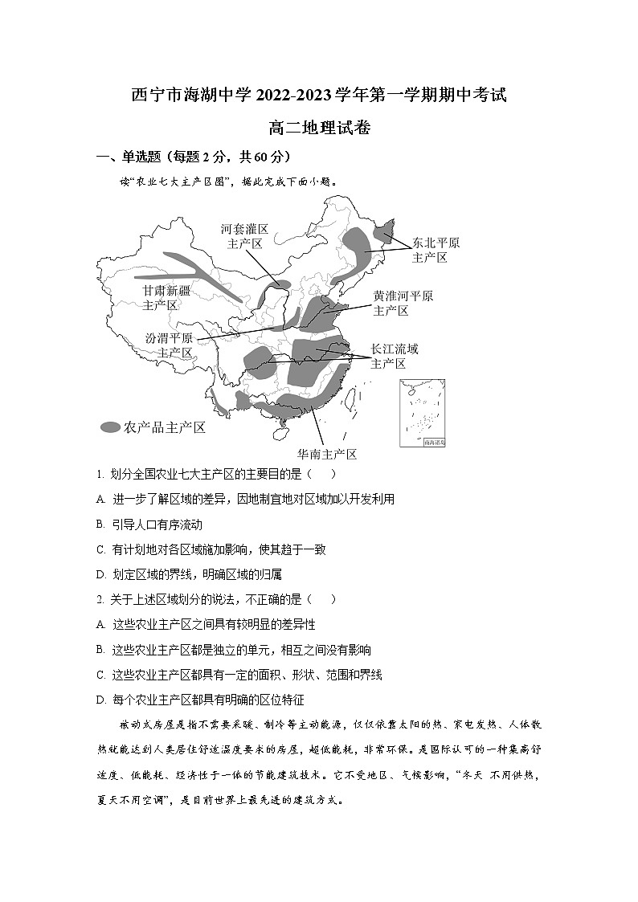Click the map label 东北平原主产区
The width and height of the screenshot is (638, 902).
436,250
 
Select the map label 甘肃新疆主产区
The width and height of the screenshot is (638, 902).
166,297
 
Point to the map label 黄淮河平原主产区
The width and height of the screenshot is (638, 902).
403,303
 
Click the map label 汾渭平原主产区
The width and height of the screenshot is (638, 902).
169,345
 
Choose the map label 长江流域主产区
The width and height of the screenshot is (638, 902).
394,356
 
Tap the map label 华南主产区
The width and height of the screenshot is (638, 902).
327,454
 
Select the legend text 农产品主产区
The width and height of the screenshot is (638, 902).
165,427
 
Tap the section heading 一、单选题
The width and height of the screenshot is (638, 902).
194,156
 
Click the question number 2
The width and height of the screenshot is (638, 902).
100,599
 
